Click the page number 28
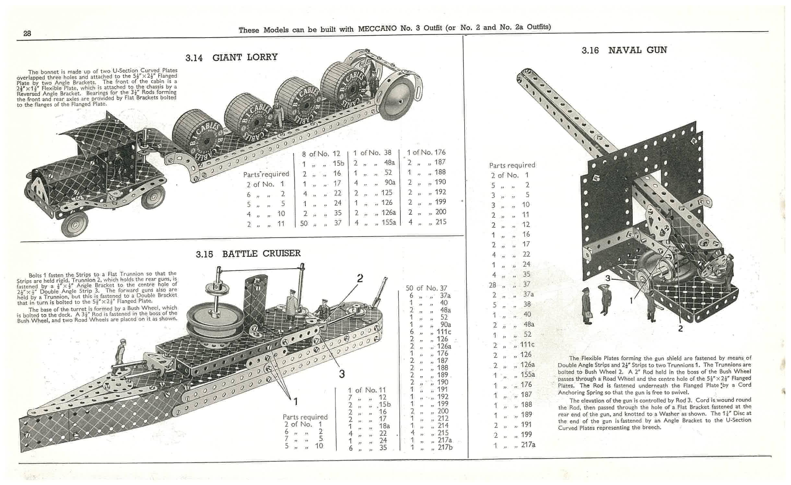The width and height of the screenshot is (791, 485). (x=27, y=33)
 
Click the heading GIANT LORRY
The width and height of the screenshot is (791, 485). (x=245, y=57)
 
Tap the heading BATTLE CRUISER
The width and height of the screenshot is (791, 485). (x=261, y=254)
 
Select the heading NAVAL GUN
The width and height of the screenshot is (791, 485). (x=637, y=50)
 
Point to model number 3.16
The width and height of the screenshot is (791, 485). (x=590, y=51)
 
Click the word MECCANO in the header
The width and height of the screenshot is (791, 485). (x=377, y=29)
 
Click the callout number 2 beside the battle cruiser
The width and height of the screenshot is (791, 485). (x=360, y=278)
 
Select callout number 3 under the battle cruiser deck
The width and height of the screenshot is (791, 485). (x=342, y=374)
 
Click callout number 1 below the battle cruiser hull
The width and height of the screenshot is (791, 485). (x=295, y=402)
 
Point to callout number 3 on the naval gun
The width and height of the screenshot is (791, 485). (x=608, y=278)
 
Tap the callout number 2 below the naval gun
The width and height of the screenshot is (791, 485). (x=680, y=328)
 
